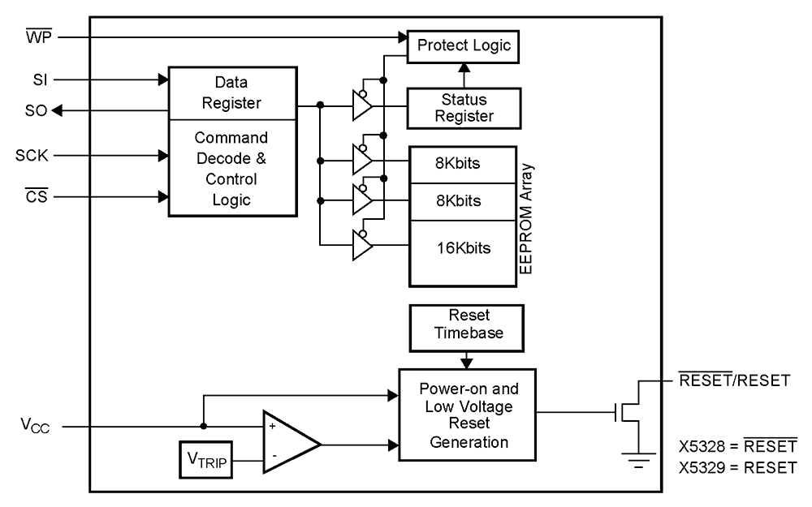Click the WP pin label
coord(38,37)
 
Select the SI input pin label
coord(38,79)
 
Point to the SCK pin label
coord(35,154)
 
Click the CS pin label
coord(37,196)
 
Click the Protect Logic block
coord(464,45)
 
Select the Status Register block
coord(463,107)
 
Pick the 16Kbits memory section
coord(463,247)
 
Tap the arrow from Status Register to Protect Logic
coord(464,75)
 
